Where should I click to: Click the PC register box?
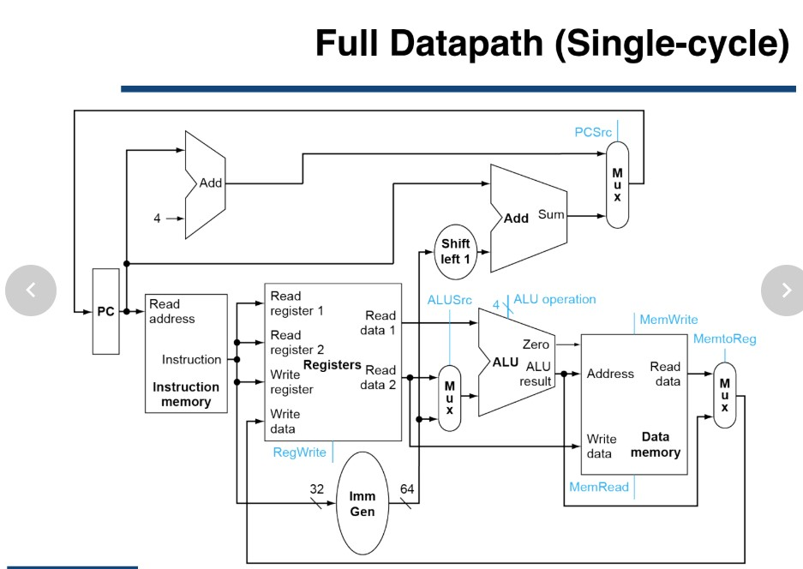coord(105,311)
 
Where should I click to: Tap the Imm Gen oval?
coord(363,503)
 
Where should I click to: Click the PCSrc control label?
coord(593,132)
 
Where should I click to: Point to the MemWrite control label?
coord(668,320)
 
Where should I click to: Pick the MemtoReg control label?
coord(725,338)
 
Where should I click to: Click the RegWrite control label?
coord(299,452)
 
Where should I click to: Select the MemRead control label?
coord(599,487)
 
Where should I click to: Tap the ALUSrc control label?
coord(449,299)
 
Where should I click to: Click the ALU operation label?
coord(554,299)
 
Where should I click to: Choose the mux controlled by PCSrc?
coord(617,184)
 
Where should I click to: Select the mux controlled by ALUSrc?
coord(449,398)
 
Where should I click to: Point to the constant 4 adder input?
coord(157,219)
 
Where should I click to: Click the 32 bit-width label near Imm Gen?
coord(317,488)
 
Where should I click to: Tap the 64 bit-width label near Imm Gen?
coord(407,488)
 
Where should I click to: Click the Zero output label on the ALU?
coord(536,344)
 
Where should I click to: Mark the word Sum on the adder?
coord(551,214)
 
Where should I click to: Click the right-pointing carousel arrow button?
coord(785,290)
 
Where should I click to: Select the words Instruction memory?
coord(186,394)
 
